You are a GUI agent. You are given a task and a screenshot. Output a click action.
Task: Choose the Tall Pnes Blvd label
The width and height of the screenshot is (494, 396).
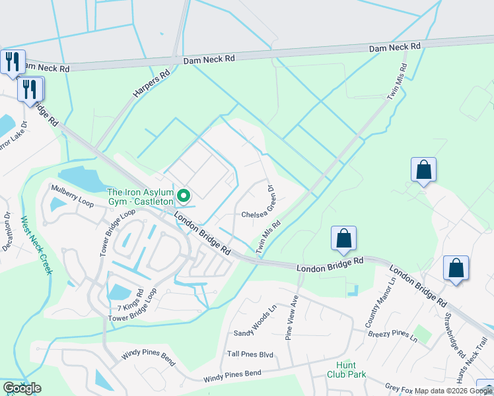click(250, 354)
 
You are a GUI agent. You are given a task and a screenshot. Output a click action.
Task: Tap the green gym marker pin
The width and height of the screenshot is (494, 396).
click(184, 196)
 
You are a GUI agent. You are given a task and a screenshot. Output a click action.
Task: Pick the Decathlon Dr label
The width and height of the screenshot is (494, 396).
click(8, 232)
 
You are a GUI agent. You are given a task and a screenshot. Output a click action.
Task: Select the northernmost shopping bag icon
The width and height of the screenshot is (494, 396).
click(423, 170)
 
